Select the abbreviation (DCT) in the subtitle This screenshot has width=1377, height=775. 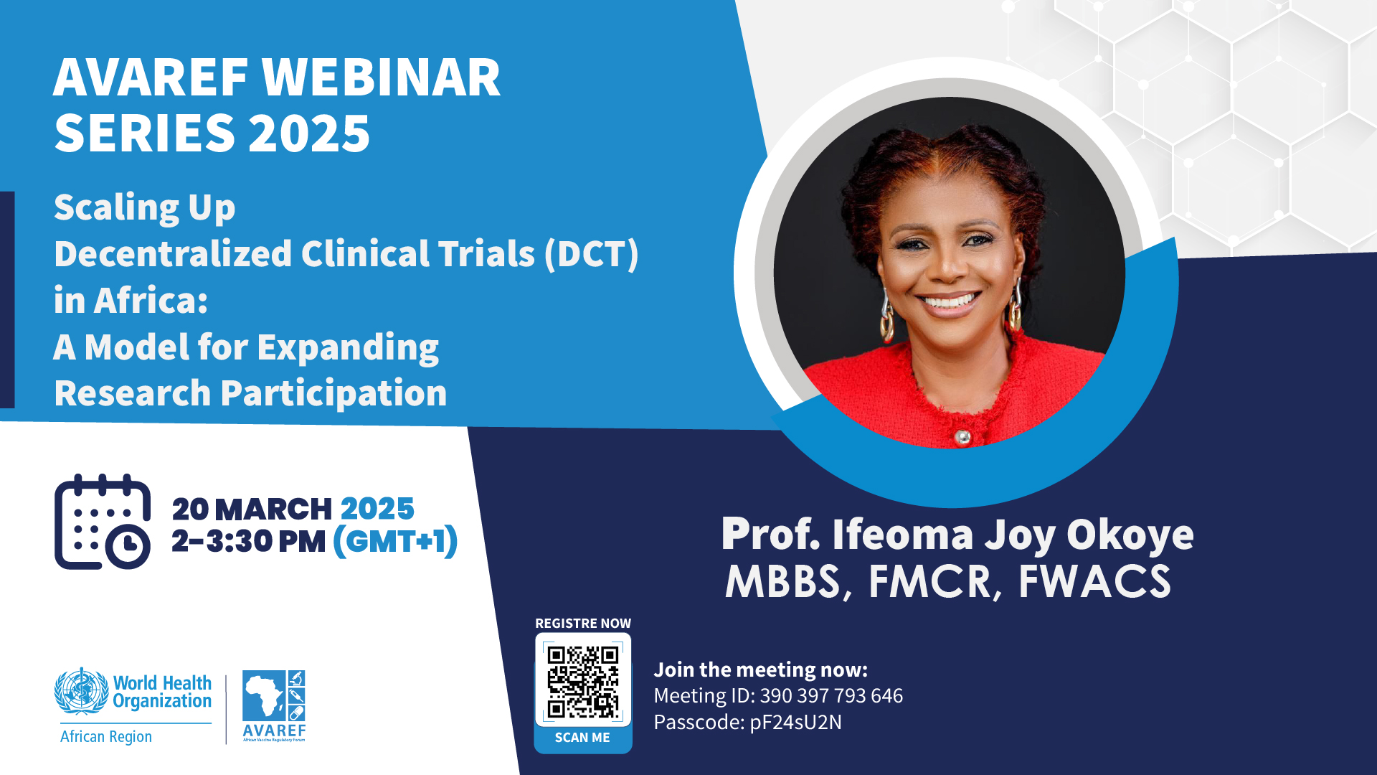(x=591, y=254)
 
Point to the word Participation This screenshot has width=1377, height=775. (x=333, y=393)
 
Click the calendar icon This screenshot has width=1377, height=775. (x=103, y=522)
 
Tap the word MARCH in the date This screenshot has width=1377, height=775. (x=273, y=509)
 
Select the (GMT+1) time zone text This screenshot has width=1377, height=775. (x=395, y=541)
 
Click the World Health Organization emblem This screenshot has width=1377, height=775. (x=82, y=690)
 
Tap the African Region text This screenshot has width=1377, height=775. (x=106, y=736)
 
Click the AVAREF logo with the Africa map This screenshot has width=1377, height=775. (x=274, y=706)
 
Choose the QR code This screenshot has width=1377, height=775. (x=583, y=681)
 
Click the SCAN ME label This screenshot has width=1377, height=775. (x=582, y=738)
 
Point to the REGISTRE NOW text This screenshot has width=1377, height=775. (x=583, y=624)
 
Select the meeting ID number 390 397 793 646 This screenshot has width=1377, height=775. (x=831, y=695)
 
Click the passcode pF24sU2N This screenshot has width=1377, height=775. (x=795, y=722)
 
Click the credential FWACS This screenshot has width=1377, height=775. (x=1094, y=581)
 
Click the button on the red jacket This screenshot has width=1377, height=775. (x=962, y=436)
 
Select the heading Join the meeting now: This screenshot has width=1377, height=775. (x=760, y=670)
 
